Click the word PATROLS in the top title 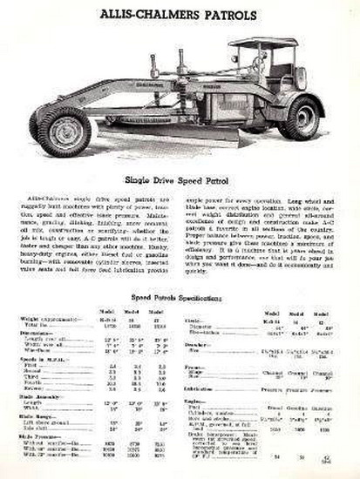click(228, 15)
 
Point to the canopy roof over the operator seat click(262, 42)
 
